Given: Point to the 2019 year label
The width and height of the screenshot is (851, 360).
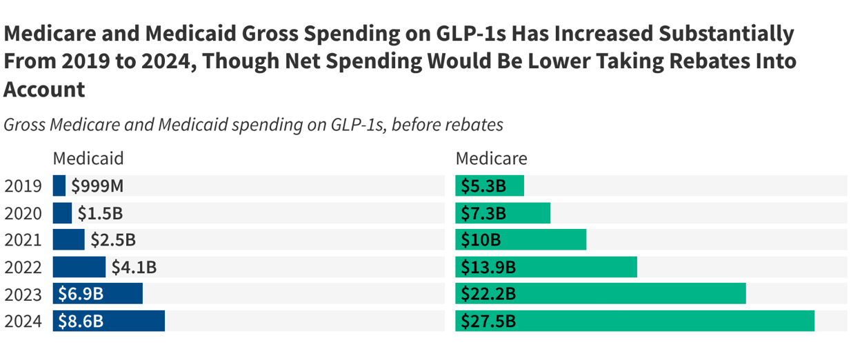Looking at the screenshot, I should click(x=23, y=186).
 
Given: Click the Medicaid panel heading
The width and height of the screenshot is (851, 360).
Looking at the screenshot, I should click(x=88, y=159).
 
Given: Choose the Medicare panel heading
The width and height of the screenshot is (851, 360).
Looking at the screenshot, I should click(x=491, y=159).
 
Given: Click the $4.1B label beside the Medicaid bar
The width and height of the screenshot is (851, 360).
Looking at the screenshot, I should click(x=134, y=268).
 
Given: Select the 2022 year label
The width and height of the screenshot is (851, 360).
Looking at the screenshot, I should click(x=23, y=268).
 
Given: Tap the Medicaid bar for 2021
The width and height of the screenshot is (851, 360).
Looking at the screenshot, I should click(x=69, y=240).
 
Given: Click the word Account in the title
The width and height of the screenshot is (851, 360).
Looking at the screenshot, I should click(x=45, y=89).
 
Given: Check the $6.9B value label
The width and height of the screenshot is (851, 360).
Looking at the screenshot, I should click(x=81, y=294).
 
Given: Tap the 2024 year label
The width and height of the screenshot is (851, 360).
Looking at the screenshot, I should click(x=23, y=321).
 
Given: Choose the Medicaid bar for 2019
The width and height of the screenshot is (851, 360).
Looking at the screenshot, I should click(x=59, y=186).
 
